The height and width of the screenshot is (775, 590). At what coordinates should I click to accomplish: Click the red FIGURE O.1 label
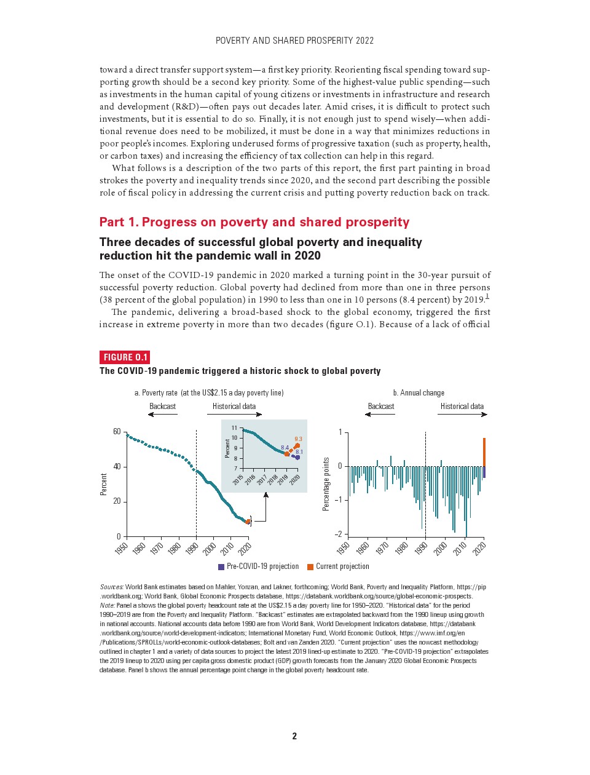124,357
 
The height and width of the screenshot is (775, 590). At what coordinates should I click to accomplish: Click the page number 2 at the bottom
294,736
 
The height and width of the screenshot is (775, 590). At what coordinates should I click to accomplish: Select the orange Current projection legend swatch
310,566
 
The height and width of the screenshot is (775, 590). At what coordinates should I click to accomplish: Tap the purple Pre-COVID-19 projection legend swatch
221,566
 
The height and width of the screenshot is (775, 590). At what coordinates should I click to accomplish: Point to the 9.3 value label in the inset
298,439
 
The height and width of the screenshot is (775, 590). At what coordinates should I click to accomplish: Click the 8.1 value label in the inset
299,452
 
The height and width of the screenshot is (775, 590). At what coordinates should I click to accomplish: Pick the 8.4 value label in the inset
285,447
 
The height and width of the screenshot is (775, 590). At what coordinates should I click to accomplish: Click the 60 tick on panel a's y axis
117,432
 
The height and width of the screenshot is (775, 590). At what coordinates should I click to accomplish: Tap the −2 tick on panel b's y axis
338,534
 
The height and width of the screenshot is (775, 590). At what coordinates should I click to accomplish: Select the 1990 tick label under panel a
192,547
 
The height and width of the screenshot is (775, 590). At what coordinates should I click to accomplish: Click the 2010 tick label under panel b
460,547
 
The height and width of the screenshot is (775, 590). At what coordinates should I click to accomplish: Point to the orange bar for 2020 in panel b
484,452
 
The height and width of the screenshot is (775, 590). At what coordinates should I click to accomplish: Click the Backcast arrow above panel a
162,414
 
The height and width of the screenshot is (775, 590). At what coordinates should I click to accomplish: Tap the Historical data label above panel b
462,406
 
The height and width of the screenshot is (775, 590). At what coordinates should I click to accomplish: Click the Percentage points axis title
326,483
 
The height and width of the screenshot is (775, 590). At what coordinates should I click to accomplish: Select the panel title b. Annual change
419,392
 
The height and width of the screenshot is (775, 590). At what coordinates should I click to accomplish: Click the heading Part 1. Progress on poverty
254,222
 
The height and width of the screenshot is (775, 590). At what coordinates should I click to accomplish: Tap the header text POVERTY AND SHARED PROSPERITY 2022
294,41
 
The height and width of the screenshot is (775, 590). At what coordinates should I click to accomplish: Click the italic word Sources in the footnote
111,587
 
